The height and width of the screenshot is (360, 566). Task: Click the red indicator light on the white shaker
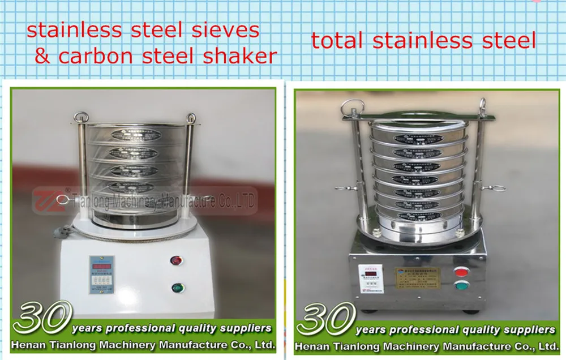pos(177,260)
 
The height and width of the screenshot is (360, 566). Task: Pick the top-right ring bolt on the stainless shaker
pos(482,105)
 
